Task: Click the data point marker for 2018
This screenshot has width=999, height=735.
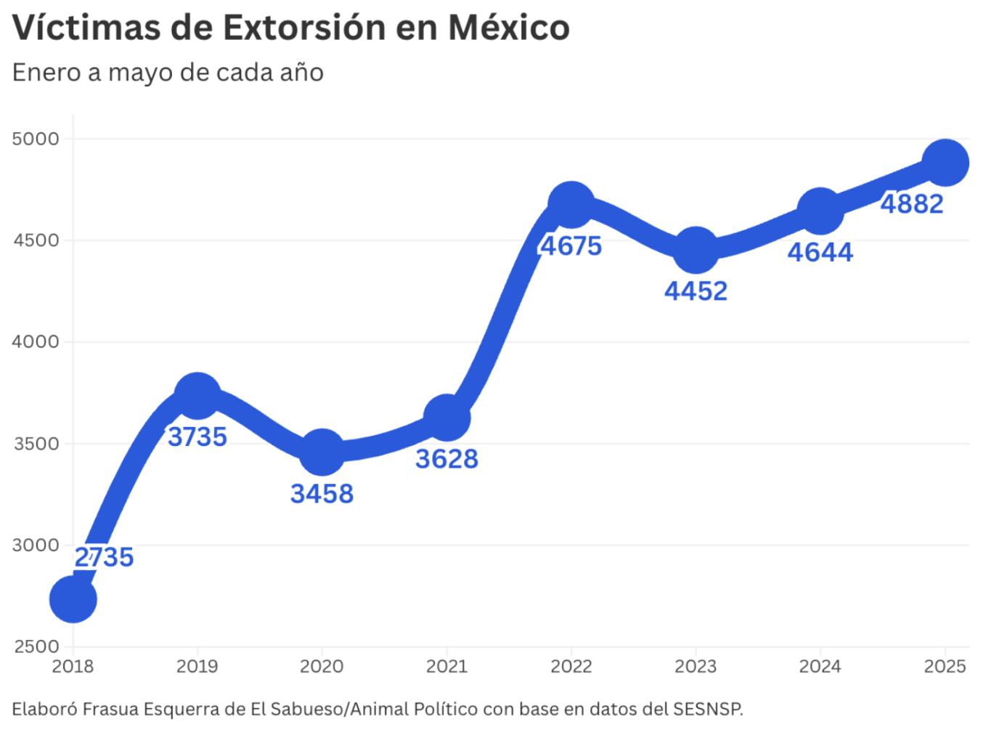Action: pos(73,599)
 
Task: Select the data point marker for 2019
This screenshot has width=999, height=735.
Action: pos(197,396)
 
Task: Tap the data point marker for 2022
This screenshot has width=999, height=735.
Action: pos(571,205)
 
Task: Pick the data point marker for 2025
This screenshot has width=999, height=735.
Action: pos(945,163)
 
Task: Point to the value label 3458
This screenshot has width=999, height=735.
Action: pos(322,494)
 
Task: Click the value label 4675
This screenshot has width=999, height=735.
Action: pos(571,246)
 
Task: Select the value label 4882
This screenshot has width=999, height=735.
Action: pos(912,204)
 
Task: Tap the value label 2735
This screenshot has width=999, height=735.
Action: pos(104,557)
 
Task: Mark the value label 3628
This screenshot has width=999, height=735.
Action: pos(447,459)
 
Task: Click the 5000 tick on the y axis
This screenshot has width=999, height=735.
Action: pos(36,139)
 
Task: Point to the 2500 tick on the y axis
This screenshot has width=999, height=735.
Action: pos(36,646)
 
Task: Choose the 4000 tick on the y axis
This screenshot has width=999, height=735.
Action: pos(36,341)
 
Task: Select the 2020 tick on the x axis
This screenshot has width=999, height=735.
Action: pos(322,666)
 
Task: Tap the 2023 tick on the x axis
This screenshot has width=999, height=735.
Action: pos(696,666)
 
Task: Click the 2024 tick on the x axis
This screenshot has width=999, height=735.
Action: pos(820,666)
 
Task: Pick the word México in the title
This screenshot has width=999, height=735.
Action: pos(508,28)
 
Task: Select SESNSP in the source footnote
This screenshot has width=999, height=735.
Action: pos(708,709)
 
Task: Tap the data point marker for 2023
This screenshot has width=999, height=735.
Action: pos(696,251)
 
